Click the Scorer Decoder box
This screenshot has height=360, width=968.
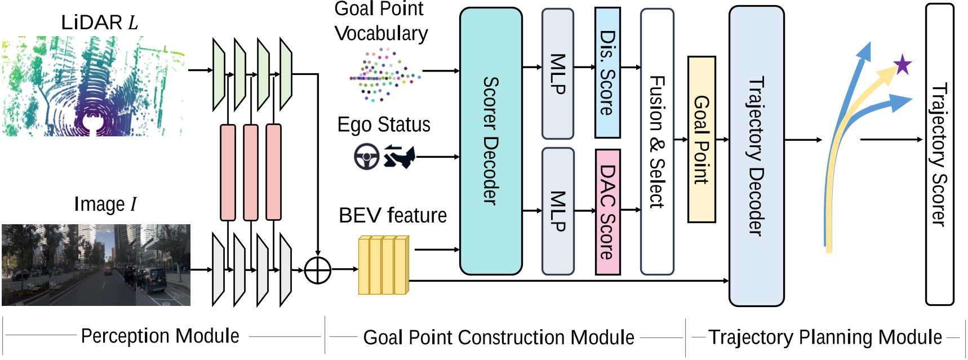(491, 141)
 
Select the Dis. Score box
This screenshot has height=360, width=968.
(607, 73)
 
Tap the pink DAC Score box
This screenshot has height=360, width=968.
(607, 211)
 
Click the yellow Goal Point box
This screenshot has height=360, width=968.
(701, 139)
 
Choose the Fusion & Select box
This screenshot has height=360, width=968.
(657, 141)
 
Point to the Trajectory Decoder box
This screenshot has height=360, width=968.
(756, 155)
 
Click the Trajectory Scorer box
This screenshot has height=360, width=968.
(939, 154)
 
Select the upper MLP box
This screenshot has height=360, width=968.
(557, 74)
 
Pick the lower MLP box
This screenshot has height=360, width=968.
(557, 211)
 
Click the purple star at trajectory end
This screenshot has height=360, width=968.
(903, 65)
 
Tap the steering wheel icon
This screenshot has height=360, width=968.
(366, 157)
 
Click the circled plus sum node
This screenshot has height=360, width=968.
(318, 270)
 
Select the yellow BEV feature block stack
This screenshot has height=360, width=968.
(383, 265)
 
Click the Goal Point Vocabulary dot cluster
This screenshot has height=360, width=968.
(384, 75)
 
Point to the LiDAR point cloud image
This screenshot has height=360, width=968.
(93, 86)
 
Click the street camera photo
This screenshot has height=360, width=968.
(96, 265)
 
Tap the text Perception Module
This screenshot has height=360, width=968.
(160, 336)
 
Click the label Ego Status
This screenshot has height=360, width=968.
(384, 125)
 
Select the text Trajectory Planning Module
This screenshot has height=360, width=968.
(825, 337)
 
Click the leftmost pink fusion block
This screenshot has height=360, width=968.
(228, 172)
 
